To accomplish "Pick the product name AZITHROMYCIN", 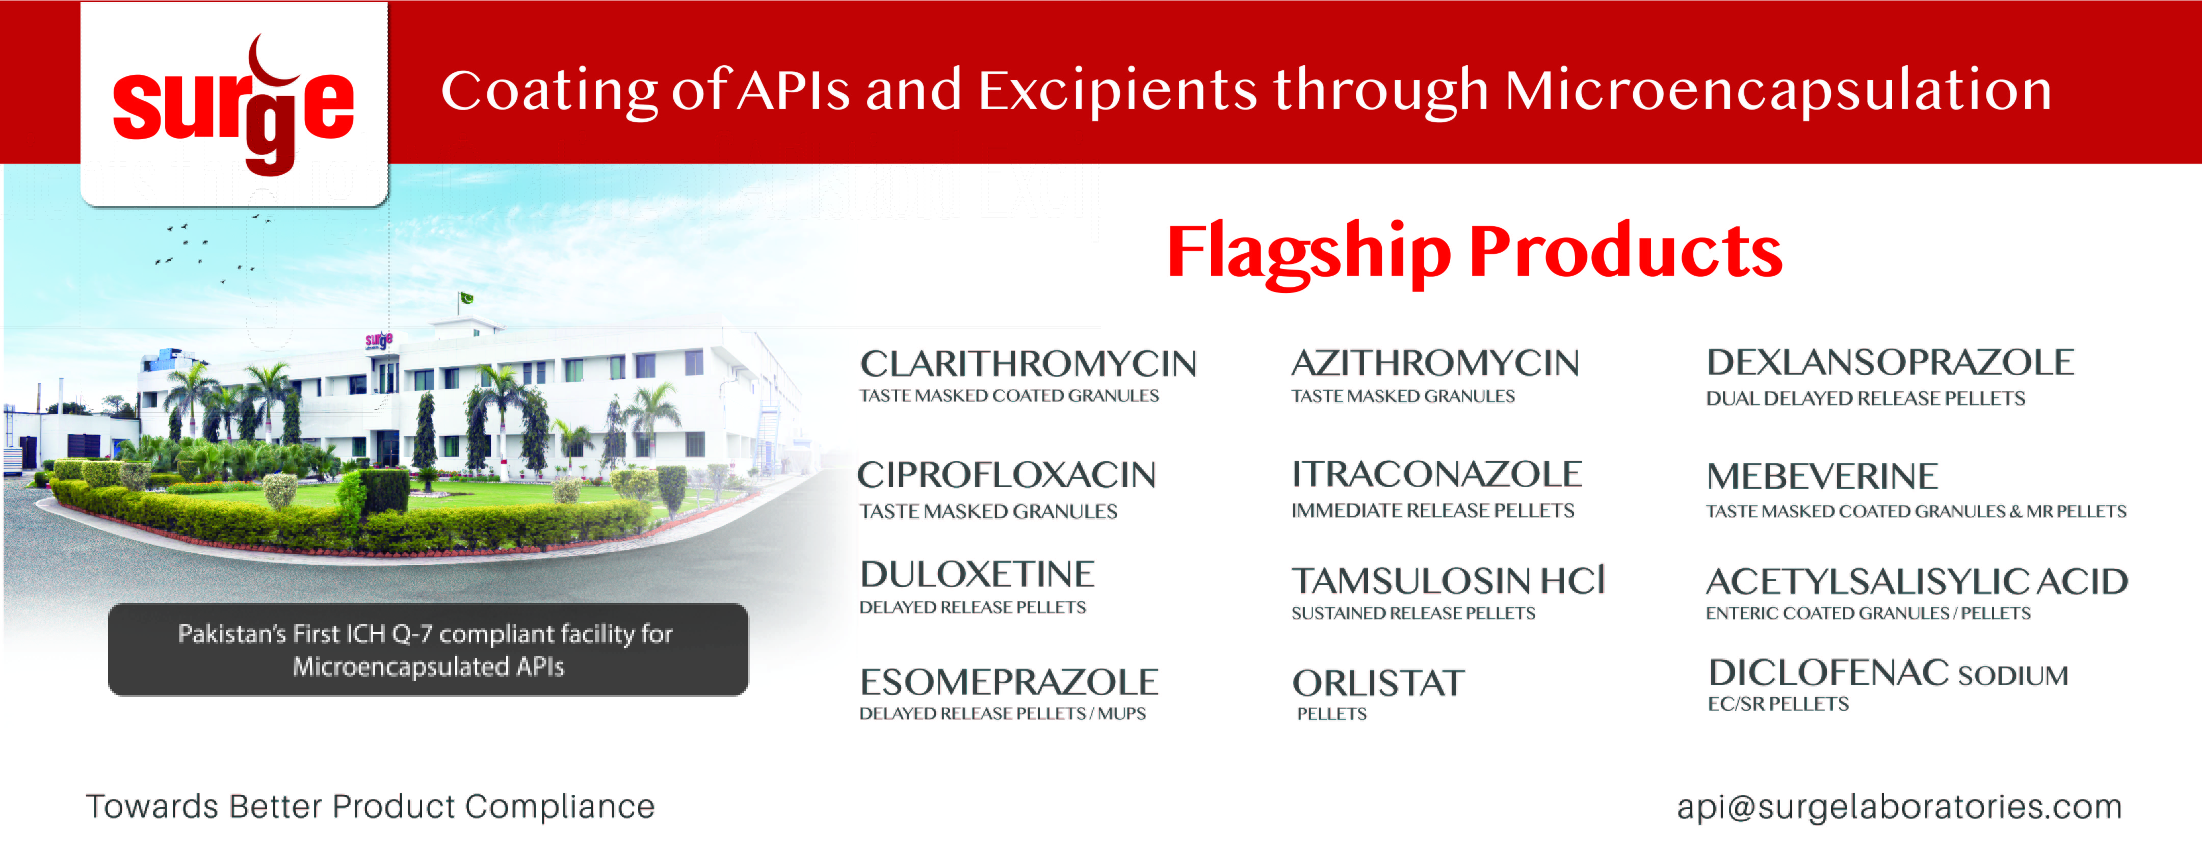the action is click(x=1435, y=363).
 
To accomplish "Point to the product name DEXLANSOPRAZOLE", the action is click(x=1890, y=363).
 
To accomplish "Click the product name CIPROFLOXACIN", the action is click(x=1007, y=475).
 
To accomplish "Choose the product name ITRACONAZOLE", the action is click(x=1437, y=474).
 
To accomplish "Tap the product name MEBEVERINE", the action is click(x=1821, y=476).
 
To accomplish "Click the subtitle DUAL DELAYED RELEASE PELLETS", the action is click(x=1865, y=398).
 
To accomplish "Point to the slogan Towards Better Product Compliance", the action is click(x=370, y=806).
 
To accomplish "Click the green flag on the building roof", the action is click(x=467, y=298).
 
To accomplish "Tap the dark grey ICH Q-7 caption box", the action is click(x=428, y=650).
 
